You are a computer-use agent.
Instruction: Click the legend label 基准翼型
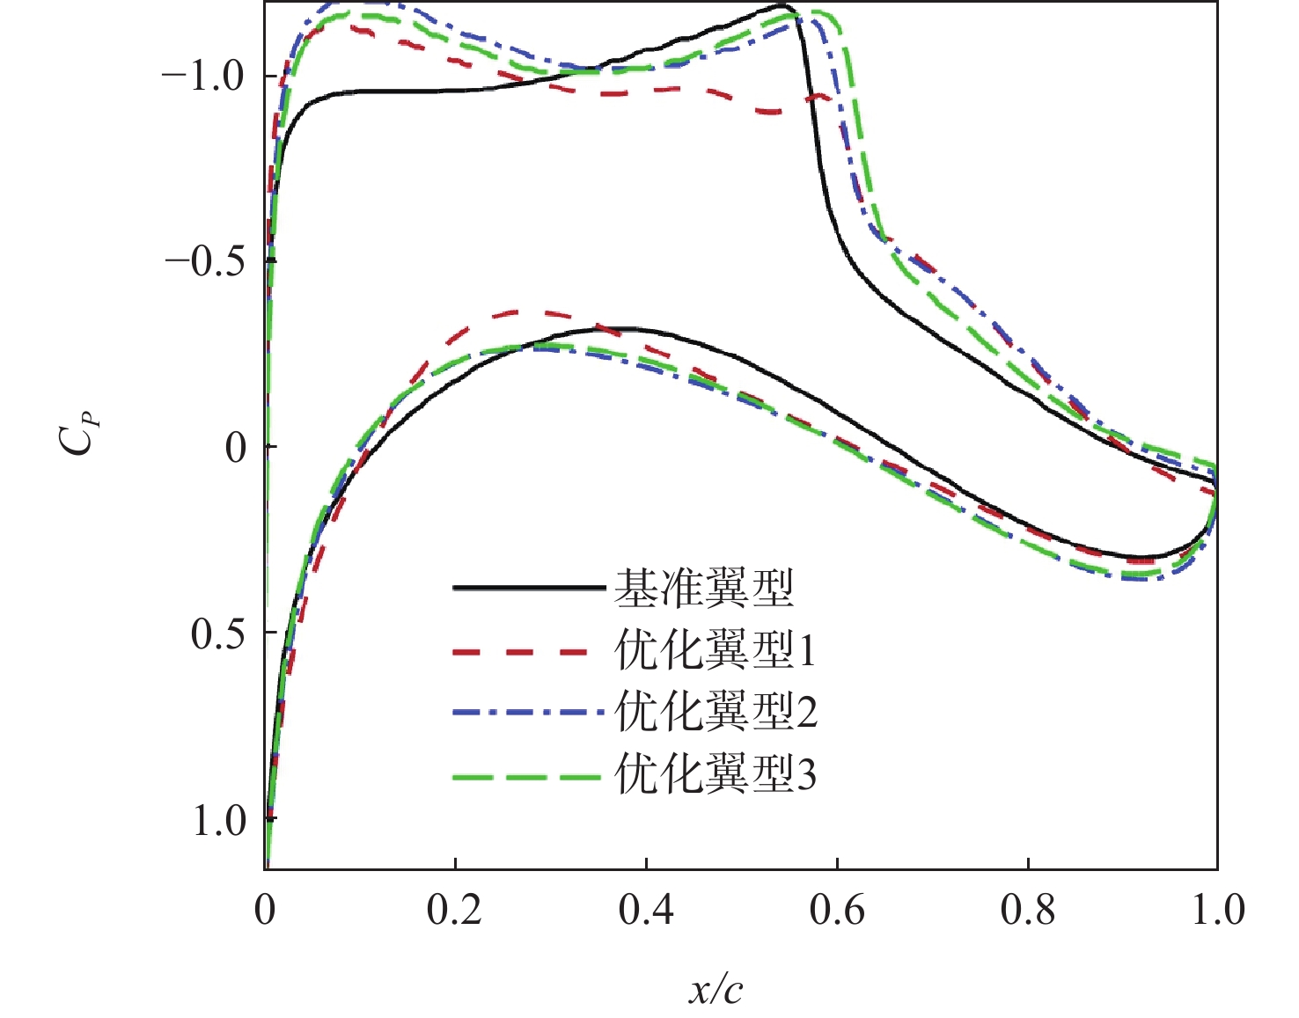click(x=704, y=588)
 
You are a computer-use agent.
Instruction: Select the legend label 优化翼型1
click(x=715, y=650)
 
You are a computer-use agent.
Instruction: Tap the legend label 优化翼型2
click(x=716, y=711)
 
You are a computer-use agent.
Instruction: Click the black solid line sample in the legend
click(x=528, y=587)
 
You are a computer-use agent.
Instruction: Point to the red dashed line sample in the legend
click(x=519, y=651)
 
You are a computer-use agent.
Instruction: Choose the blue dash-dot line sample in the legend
click(x=528, y=711)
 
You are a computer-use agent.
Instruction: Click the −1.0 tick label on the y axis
click(x=202, y=77)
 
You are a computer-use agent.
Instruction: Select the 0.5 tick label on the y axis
click(x=218, y=634)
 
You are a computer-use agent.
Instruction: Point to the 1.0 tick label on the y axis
click(x=218, y=821)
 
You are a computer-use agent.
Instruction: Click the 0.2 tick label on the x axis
click(x=454, y=910)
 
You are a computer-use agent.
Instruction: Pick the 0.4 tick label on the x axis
click(x=646, y=910)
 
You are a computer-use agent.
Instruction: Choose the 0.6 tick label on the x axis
click(x=837, y=910)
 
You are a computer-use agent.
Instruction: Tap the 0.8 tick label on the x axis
click(x=1028, y=910)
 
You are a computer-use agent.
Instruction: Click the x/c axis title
click(x=716, y=991)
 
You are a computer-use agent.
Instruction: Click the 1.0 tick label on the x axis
click(x=1218, y=910)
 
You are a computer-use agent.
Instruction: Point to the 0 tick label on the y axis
click(x=236, y=449)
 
